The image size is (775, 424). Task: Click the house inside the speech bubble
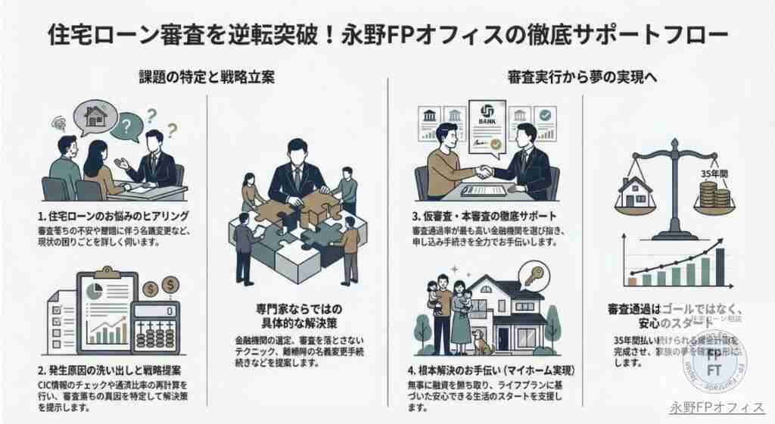[95, 117]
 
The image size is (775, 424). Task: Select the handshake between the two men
[482, 171]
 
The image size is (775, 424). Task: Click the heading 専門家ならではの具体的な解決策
[297, 316]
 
